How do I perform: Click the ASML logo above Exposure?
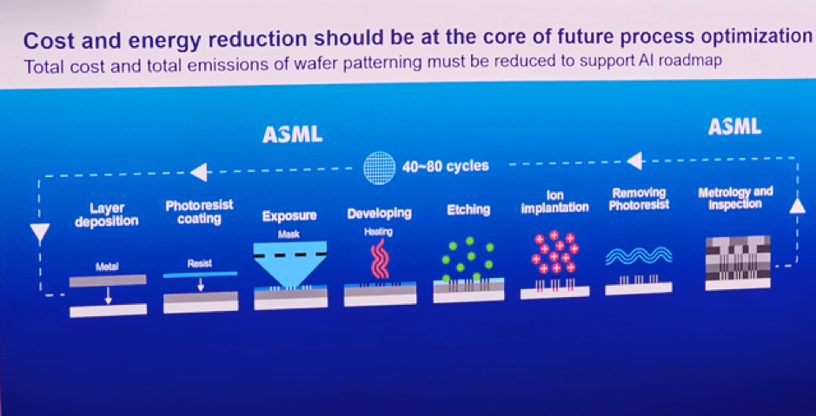293,135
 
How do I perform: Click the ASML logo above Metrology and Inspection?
734,126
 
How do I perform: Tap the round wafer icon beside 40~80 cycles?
379,168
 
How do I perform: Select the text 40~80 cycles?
446,167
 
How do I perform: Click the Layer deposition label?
107,215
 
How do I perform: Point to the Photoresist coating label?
199,212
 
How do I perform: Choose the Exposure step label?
289,215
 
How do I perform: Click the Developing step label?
380,213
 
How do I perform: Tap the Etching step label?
468,209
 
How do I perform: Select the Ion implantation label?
554,201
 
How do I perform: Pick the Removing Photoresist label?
639,199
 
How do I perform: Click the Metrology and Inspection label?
735,198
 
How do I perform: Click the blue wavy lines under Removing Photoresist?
639,255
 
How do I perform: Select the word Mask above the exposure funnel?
289,234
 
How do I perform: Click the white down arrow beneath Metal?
108,295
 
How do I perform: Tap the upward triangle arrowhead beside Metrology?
797,207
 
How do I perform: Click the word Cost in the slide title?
46,41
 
